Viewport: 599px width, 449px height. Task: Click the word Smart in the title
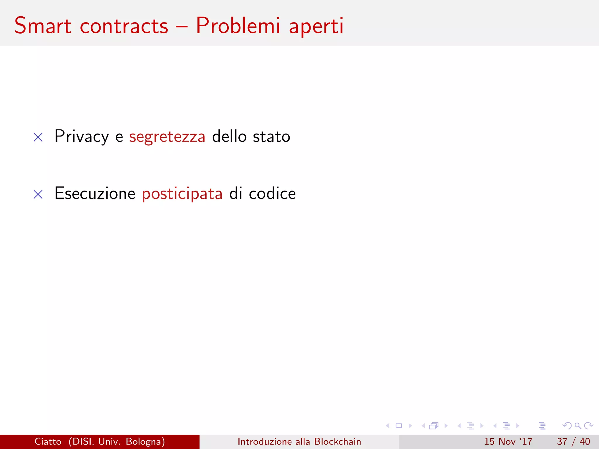43,26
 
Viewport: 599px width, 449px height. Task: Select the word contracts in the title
124,26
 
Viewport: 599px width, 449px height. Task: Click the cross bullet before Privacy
38,137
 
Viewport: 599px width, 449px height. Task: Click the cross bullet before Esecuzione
38,194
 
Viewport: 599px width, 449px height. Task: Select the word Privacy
82,137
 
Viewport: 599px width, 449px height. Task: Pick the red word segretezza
167,137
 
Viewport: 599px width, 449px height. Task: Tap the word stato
271,137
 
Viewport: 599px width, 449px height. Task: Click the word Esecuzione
95,194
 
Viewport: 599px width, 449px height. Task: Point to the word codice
272,194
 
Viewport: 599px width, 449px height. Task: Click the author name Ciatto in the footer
48,441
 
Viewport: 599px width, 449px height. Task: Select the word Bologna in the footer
145,442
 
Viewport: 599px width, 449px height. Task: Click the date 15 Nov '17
508,441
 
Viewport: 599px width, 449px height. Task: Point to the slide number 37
562,441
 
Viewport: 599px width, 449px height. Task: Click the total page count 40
585,441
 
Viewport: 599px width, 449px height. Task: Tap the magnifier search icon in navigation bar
578,426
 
